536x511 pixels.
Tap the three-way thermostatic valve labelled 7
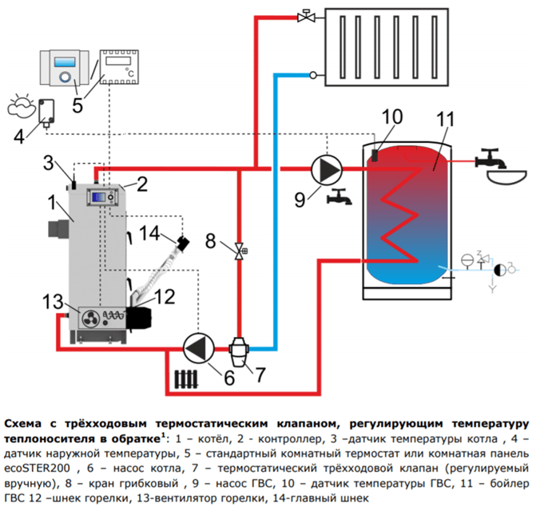(240, 348)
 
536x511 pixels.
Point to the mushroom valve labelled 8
(240, 252)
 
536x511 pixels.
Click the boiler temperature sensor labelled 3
(74, 183)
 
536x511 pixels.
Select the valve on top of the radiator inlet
(305, 15)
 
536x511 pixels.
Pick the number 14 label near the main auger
(149, 233)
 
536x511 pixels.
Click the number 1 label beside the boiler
(51, 202)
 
